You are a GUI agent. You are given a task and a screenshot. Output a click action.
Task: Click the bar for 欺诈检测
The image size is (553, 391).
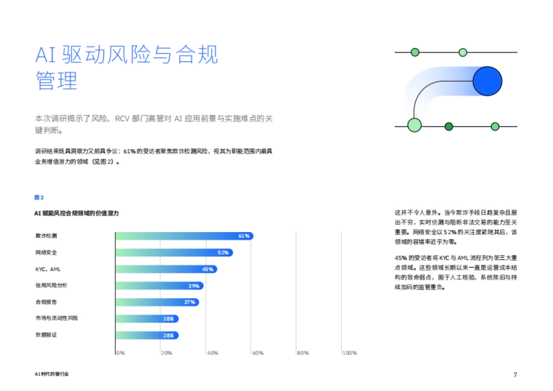(x=184, y=236)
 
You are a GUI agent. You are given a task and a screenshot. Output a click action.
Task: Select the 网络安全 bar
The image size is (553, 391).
(x=174, y=252)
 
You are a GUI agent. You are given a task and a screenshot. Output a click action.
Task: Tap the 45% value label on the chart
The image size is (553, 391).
(x=208, y=269)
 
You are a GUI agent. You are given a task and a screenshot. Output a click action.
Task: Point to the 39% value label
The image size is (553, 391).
(x=194, y=286)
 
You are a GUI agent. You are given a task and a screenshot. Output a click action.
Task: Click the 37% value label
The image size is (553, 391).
(x=190, y=303)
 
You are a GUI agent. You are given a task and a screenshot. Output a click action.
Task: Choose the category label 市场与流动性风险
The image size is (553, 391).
(x=57, y=318)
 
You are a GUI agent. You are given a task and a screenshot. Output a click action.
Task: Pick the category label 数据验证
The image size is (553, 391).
(x=46, y=335)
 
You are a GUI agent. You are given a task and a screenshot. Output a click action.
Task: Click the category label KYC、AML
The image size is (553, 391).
(x=48, y=269)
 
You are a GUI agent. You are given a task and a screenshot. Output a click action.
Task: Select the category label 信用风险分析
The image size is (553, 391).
(x=51, y=286)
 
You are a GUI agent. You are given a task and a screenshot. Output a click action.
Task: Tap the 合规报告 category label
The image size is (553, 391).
(x=46, y=302)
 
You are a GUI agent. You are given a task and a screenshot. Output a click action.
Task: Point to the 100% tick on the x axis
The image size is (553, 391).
(x=350, y=353)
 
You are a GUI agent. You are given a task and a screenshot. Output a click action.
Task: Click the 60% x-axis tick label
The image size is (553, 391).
(x=258, y=353)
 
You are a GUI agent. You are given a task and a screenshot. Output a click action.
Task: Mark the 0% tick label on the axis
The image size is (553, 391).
(x=120, y=353)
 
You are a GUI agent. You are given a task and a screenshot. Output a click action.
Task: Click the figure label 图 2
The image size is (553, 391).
(x=39, y=198)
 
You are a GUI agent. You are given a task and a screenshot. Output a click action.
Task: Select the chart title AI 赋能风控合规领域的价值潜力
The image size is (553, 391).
(x=77, y=213)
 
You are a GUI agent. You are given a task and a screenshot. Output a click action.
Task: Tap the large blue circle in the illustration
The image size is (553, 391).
(x=487, y=81)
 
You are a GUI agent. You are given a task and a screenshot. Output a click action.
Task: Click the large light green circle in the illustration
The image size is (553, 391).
(x=414, y=125)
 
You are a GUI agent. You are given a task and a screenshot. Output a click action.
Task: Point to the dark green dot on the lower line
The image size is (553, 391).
(x=449, y=126)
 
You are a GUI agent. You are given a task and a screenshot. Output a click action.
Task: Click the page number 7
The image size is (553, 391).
(x=515, y=374)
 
